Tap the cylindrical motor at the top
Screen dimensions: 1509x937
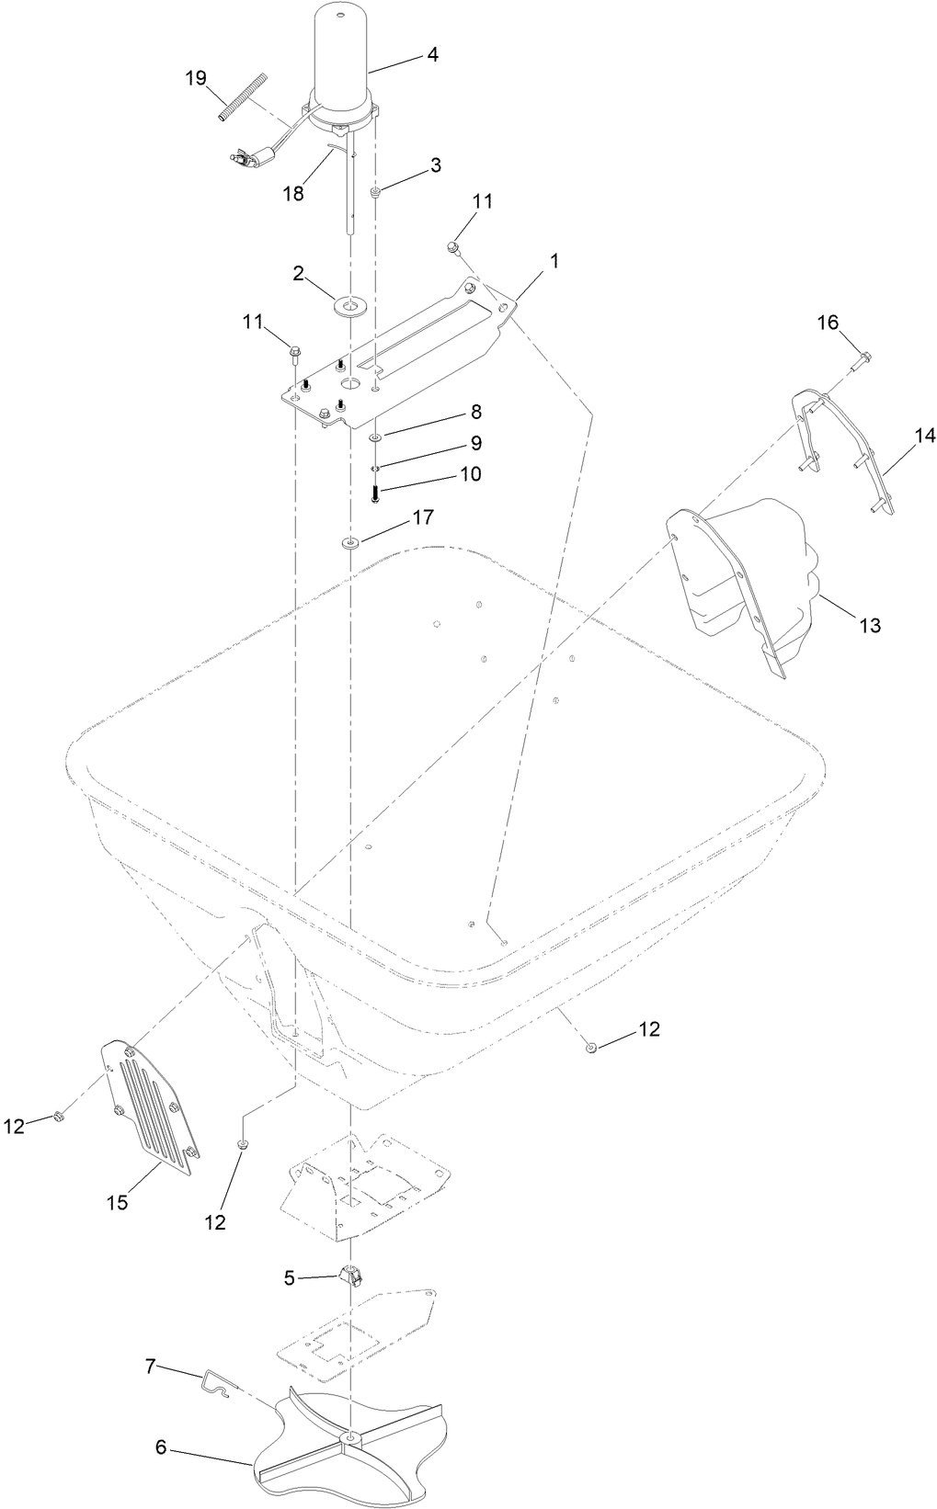click(341, 55)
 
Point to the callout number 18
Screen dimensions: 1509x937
click(292, 193)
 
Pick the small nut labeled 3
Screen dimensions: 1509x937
click(376, 191)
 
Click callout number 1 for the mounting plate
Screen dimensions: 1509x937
click(554, 261)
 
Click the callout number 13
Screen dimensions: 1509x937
click(869, 625)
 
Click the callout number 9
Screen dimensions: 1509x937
click(475, 442)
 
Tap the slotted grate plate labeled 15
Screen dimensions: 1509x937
click(148, 1108)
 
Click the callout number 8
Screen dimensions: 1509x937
click(475, 411)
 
